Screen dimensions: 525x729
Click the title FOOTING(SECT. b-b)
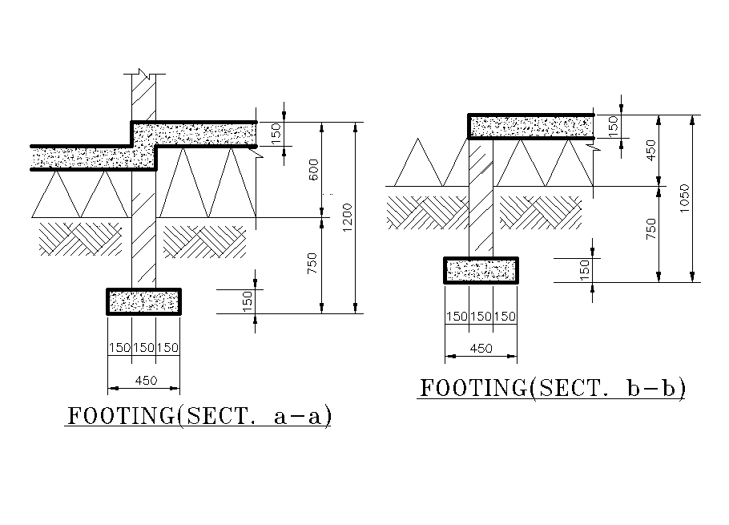click(553, 388)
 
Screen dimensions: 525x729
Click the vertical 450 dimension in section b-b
click(651, 150)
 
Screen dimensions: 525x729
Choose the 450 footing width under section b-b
click(481, 349)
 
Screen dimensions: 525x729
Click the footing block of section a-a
click(143, 301)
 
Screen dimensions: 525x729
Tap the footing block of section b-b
click(481, 270)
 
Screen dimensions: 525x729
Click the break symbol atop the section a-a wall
click(143, 75)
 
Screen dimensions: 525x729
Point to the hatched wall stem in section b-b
click(481, 197)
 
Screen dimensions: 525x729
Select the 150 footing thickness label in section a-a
click(248, 301)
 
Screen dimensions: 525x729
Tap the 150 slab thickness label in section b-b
click(614, 127)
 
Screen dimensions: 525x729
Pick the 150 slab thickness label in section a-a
click(276, 134)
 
